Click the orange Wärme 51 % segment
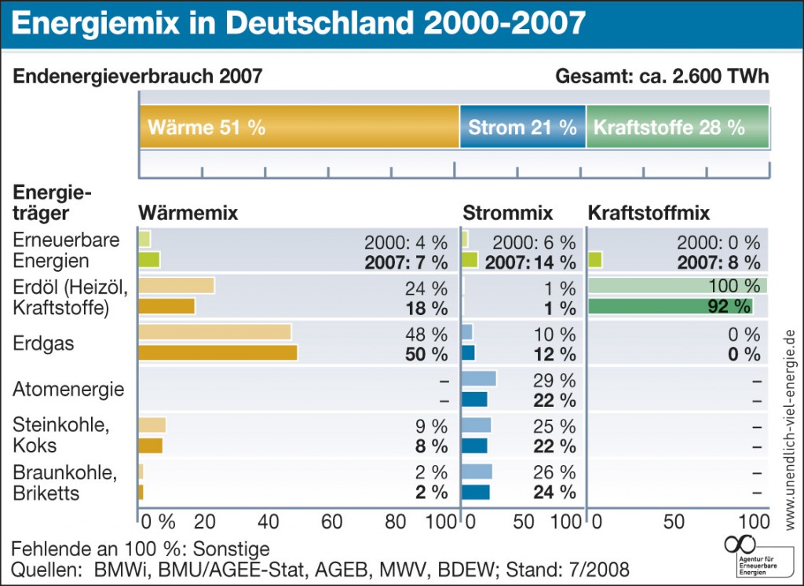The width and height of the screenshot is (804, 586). tap(298, 126)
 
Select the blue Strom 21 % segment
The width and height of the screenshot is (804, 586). tap(522, 126)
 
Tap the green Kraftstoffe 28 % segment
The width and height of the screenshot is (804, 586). tap(677, 126)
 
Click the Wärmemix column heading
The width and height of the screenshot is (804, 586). tap(188, 213)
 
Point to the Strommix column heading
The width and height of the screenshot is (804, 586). tap(508, 213)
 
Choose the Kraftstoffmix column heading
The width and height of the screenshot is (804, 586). tap(649, 213)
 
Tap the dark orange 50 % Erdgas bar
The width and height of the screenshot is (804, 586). tap(217, 353)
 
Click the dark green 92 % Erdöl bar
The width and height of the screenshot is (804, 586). tap(670, 306)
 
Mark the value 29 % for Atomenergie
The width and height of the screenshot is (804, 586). tap(554, 380)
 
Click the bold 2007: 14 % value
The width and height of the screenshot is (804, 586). tap(530, 262)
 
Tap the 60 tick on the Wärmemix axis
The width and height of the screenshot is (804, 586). tap(331, 522)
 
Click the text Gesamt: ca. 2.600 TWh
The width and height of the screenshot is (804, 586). tap(662, 76)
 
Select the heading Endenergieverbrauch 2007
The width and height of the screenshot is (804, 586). tap(138, 76)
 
